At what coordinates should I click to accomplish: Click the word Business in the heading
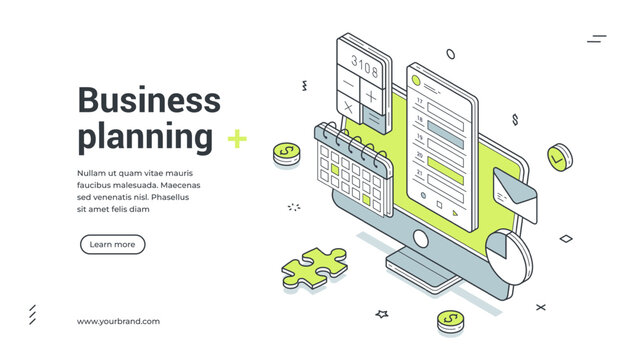[x=149, y=100]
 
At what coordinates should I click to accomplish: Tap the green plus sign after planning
[x=237, y=138]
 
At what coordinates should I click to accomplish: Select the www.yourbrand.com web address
[x=118, y=321]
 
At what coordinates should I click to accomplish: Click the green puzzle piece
[x=313, y=268]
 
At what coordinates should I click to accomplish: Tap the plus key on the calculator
[x=370, y=97]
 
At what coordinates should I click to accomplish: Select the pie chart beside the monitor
[x=511, y=253]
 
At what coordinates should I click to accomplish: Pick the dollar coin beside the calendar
[x=287, y=153]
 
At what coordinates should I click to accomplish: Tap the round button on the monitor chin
[x=419, y=241]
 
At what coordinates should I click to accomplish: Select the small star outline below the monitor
[x=381, y=313]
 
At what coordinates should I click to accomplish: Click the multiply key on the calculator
[x=347, y=106]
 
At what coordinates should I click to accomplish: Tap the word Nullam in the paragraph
[x=93, y=174]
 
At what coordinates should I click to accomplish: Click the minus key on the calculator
[x=347, y=83]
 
